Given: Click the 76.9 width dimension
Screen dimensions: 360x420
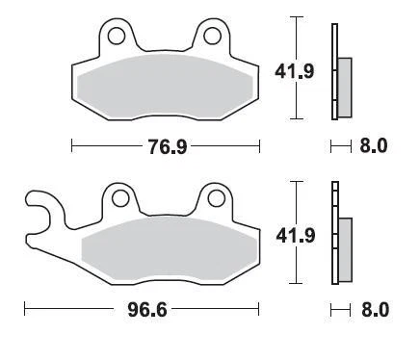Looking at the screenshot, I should [167, 147].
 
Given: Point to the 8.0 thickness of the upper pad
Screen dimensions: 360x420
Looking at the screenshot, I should [374, 147].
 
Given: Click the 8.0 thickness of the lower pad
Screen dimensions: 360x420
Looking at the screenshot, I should [374, 310].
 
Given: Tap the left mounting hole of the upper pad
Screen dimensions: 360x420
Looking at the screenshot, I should [118, 37].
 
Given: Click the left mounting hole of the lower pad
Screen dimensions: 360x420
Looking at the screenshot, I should [120, 199].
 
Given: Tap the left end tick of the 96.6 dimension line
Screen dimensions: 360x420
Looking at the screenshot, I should [24, 310].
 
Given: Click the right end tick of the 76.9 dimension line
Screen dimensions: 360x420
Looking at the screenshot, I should [260, 147].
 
